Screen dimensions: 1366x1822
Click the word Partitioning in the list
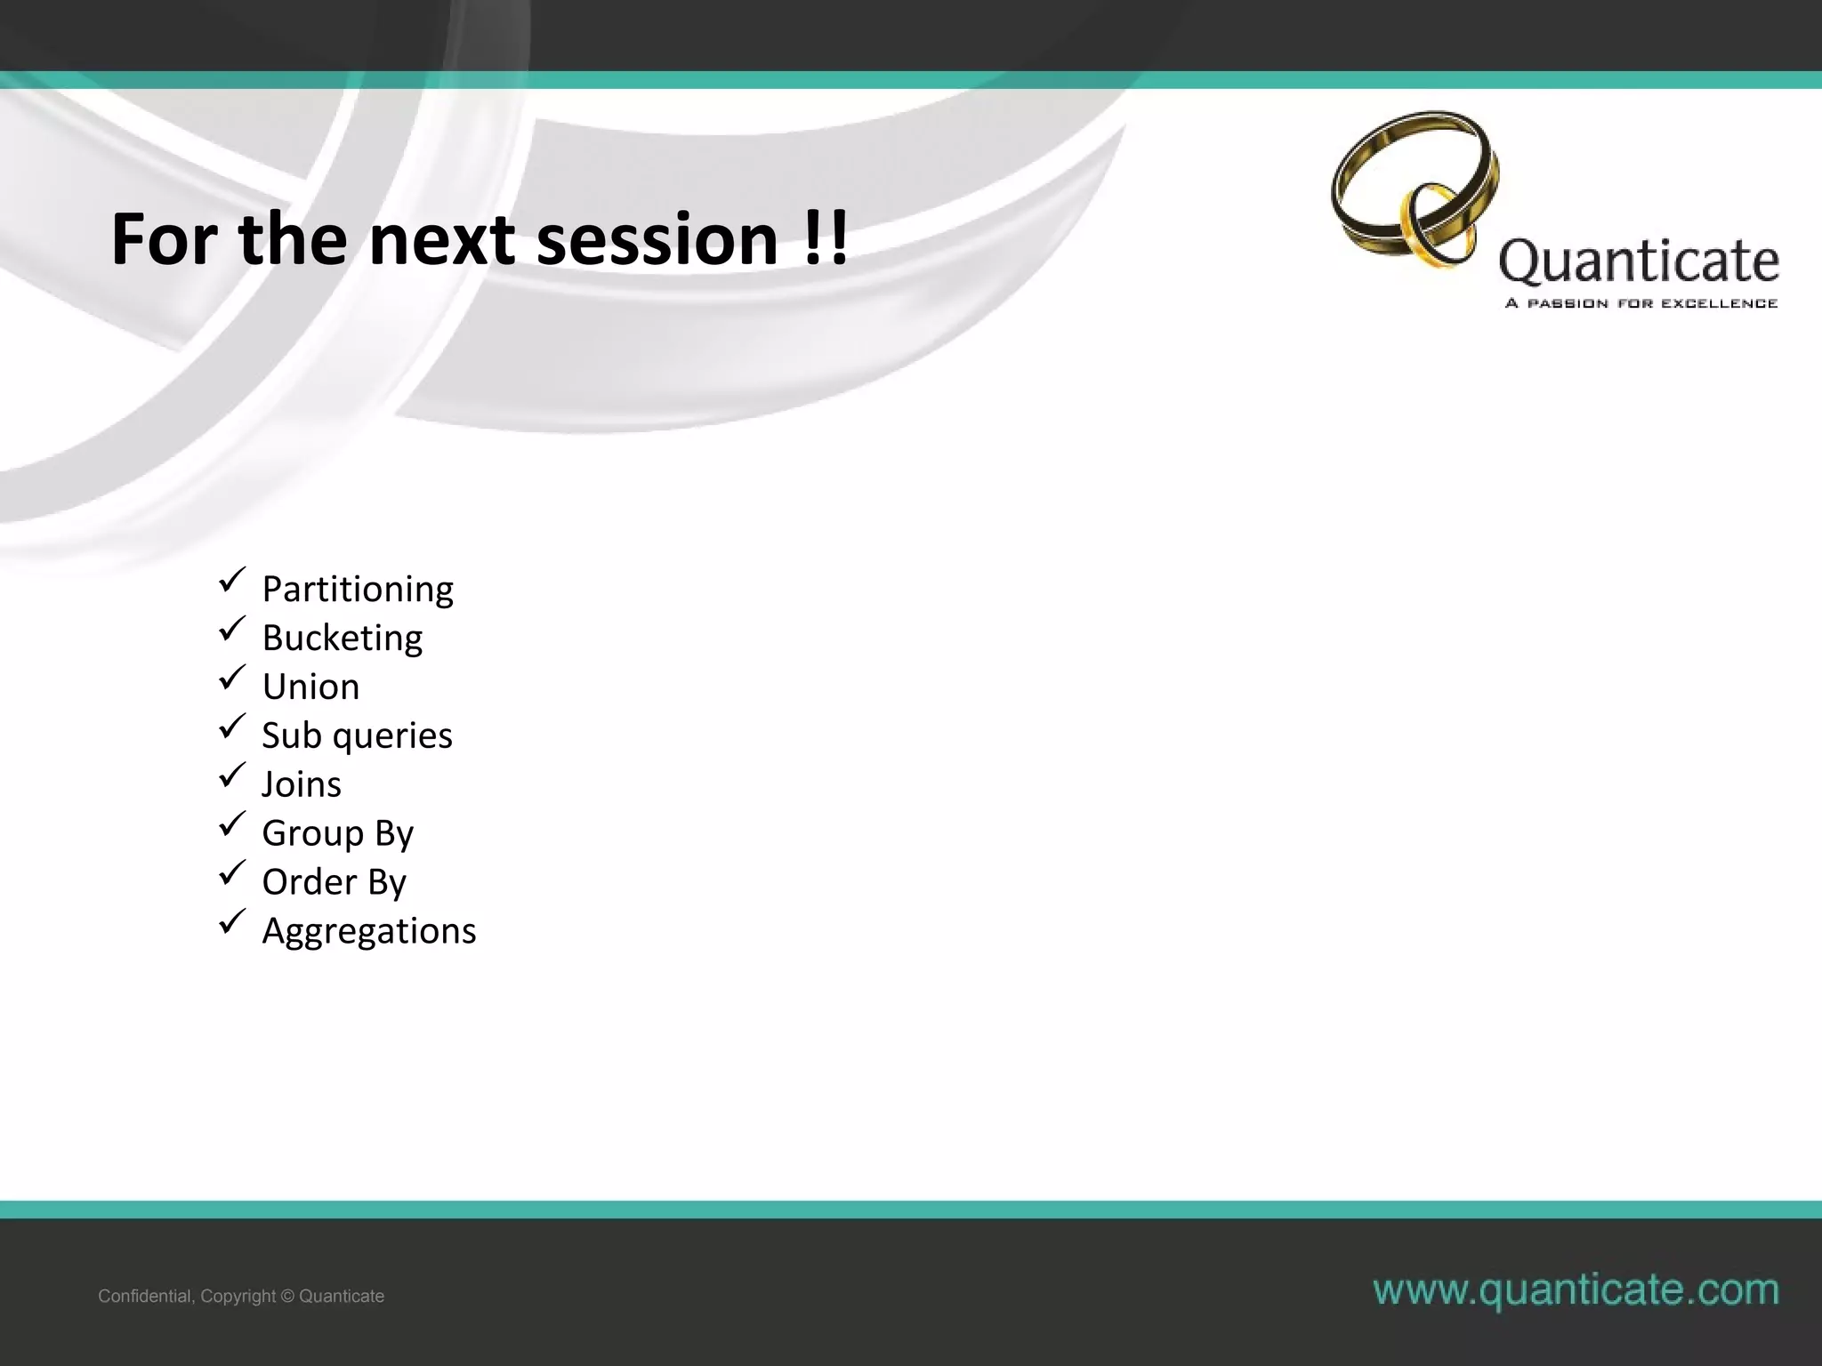(357, 590)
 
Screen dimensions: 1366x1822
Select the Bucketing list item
(342, 639)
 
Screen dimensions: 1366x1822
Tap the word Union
(310, 687)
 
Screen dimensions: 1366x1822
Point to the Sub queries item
(357, 736)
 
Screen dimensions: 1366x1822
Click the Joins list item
(301, 784)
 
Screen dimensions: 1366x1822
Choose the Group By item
(337, 833)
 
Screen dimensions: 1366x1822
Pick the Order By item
(334, 882)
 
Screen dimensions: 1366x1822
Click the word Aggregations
(368, 931)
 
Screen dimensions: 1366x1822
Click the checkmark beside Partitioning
(231, 582)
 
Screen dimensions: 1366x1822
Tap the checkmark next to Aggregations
(231, 923)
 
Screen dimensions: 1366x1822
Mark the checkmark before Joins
(231, 776)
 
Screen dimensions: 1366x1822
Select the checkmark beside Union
(231, 679)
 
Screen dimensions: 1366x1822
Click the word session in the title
(657, 240)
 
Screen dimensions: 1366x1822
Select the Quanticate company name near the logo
(1638, 261)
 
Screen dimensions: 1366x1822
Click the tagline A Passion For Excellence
(1641, 303)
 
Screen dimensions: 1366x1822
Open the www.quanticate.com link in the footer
(1576, 1290)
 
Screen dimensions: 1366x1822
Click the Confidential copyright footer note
(241, 1296)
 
